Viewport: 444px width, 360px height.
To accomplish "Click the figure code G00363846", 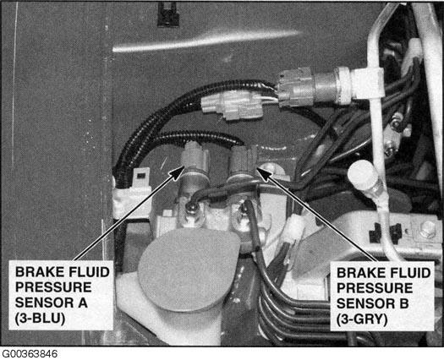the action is (x=30, y=354).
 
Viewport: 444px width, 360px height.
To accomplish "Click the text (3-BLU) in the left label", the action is (x=40, y=319).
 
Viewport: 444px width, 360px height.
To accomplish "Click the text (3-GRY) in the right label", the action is (x=362, y=319).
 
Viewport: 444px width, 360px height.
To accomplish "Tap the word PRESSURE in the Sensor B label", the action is (x=375, y=288).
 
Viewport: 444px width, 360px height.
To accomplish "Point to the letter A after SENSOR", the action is (x=83, y=303).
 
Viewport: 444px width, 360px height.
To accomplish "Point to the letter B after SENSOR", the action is (x=403, y=303).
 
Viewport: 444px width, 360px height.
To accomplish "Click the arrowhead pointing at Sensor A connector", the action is (x=178, y=172).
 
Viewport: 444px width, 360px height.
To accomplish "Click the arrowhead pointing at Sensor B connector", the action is (x=264, y=174).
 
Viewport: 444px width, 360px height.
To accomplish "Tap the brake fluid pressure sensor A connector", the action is (x=195, y=157).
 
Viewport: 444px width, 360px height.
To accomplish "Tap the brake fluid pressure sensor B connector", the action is (x=244, y=161).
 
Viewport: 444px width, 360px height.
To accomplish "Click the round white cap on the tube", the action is (x=362, y=173).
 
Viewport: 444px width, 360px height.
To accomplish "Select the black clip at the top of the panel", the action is (x=168, y=14).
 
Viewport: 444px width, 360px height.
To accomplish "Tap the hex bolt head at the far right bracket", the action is (x=427, y=229).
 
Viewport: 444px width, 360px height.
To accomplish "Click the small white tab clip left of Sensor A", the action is (x=141, y=177).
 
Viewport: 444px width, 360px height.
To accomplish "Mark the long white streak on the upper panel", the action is (x=206, y=41).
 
